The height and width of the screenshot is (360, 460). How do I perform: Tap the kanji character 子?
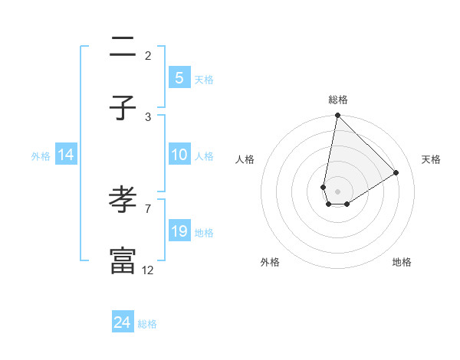[x=123, y=108]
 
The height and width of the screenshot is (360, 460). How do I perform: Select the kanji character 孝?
[x=123, y=200]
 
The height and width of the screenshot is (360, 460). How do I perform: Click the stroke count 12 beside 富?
[x=148, y=270]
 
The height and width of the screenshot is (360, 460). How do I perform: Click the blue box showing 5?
[x=179, y=78]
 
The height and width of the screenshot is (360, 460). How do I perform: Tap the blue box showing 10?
[x=179, y=155]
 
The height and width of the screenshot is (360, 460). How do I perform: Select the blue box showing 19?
[x=179, y=231]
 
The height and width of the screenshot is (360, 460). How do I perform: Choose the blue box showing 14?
[x=66, y=155]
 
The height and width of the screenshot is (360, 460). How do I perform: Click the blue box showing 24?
[x=123, y=322]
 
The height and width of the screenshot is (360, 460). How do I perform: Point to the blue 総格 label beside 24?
[x=148, y=324]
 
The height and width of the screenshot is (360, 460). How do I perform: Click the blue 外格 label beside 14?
[x=41, y=156]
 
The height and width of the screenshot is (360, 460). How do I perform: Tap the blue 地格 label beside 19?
[x=204, y=233]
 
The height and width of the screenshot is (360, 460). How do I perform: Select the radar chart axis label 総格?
[x=337, y=100]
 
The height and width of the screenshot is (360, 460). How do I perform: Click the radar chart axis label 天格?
[x=431, y=159]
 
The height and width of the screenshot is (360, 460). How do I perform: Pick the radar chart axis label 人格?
[x=245, y=159]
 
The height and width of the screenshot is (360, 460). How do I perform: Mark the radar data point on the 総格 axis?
[x=337, y=116]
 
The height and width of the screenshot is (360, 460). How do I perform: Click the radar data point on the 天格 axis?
[x=396, y=172]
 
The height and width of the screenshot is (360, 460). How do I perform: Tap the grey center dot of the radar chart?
[x=337, y=191]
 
